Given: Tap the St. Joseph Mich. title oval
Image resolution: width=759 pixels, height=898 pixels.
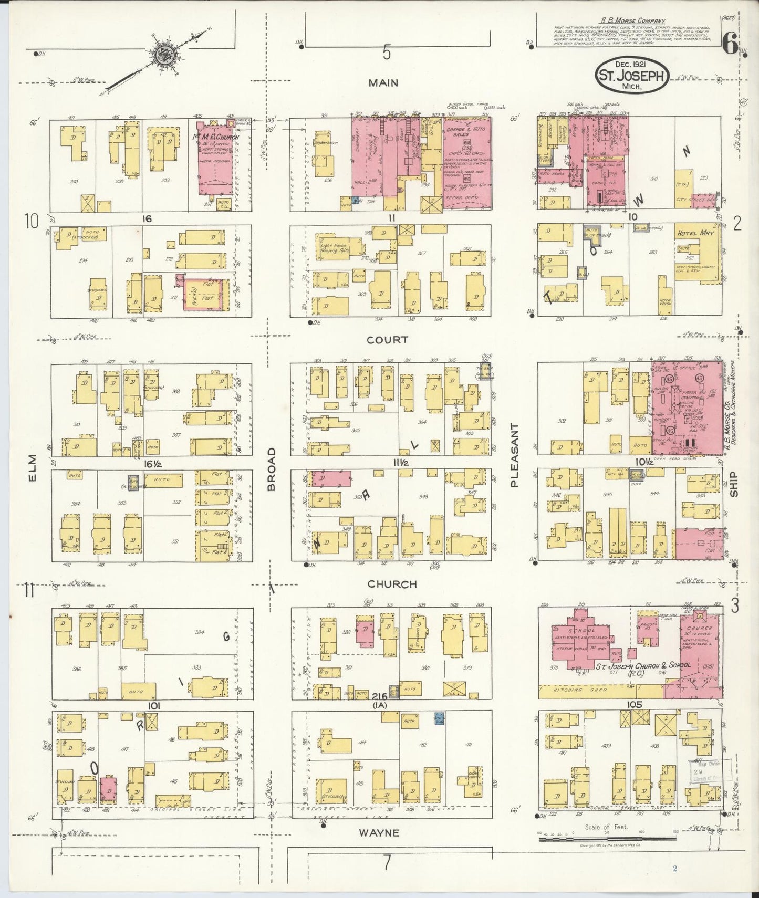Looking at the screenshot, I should coord(632,76).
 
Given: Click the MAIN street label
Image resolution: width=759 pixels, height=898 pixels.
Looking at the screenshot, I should coord(383,83).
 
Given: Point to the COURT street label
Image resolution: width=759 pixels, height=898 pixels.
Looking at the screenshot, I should coord(387,340).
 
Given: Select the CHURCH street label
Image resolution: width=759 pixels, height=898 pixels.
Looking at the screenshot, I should coord(392,584).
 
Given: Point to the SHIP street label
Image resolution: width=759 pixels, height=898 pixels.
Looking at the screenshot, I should coord(734,484).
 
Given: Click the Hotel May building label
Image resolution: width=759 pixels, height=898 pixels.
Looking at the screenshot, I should coord(694,233).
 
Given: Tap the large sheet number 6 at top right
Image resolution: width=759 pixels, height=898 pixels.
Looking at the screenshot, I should coord(730,46).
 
